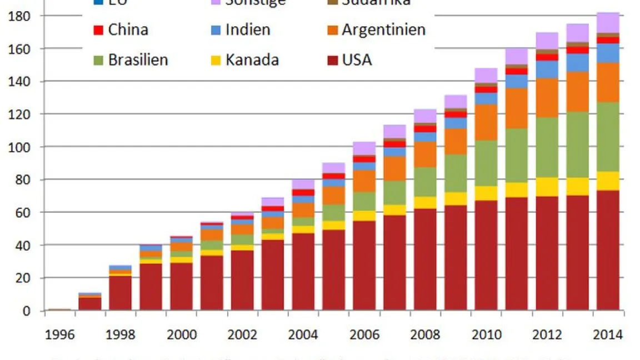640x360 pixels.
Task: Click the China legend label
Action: point(128,30)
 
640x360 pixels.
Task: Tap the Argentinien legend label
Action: point(383,30)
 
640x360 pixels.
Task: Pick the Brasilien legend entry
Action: point(138,59)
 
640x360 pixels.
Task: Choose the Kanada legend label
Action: point(252,59)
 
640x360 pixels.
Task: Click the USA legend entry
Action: point(357,59)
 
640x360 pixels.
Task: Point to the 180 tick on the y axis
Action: point(20,16)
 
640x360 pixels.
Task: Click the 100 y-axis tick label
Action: point(20,147)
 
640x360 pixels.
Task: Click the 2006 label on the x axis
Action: point(364,335)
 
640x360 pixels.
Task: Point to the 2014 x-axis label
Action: point(608,335)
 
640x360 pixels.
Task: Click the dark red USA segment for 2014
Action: point(608,250)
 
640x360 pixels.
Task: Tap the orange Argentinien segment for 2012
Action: point(547,98)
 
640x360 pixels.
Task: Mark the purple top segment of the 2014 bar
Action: point(608,23)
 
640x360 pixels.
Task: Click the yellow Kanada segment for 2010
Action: point(486,193)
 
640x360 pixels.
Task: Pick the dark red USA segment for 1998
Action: point(120,293)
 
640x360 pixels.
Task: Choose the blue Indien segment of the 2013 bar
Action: point(577,62)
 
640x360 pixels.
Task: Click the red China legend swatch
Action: point(99,30)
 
